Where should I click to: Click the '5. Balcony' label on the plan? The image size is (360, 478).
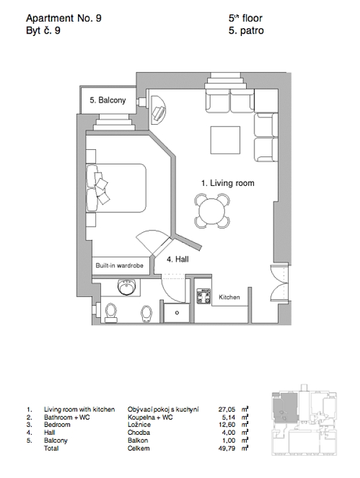point(107,101)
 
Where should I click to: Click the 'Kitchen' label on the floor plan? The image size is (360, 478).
point(229,297)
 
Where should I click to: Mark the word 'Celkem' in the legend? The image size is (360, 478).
point(139,448)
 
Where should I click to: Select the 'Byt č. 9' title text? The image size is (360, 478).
point(43,31)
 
